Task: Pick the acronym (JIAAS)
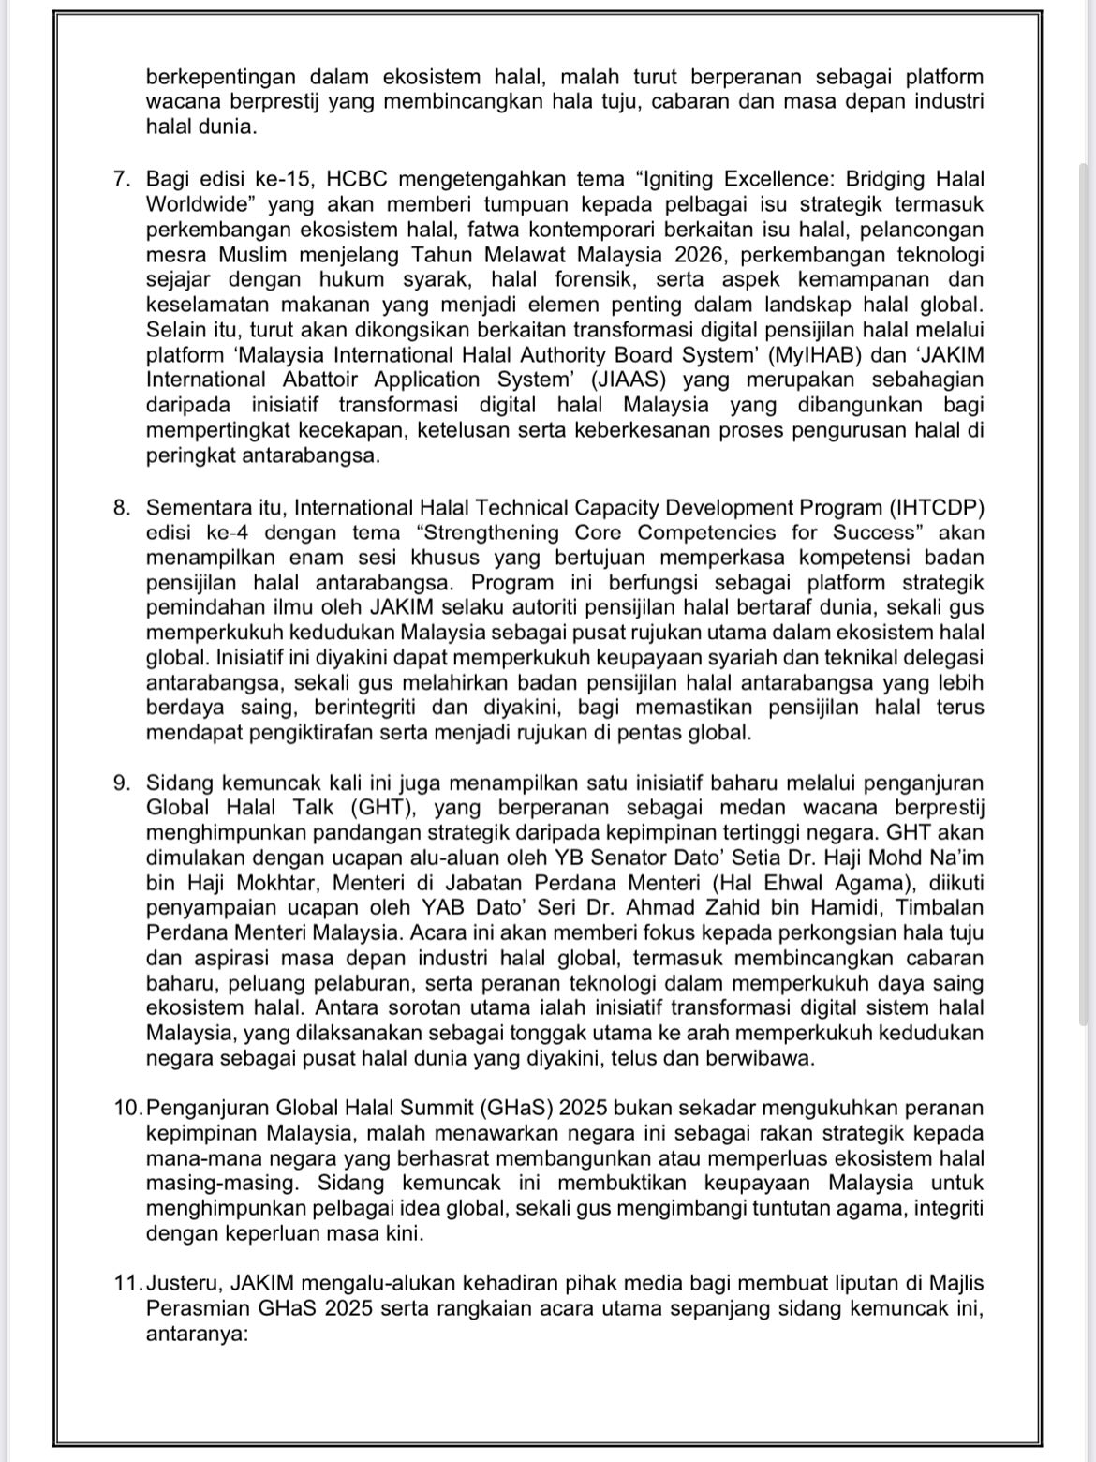(625, 380)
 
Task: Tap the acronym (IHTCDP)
(931, 508)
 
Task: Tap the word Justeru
(185, 1283)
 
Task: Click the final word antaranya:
(197, 1334)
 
